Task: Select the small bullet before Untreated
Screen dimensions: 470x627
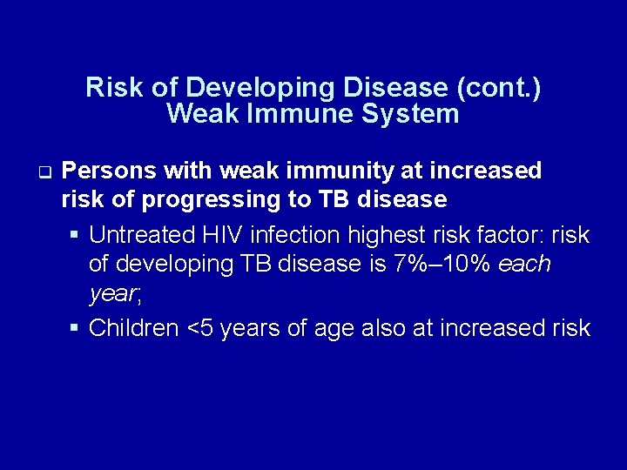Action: click(x=76, y=235)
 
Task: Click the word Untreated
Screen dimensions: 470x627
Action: click(x=141, y=235)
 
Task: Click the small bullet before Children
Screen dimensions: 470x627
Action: click(x=76, y=327)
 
